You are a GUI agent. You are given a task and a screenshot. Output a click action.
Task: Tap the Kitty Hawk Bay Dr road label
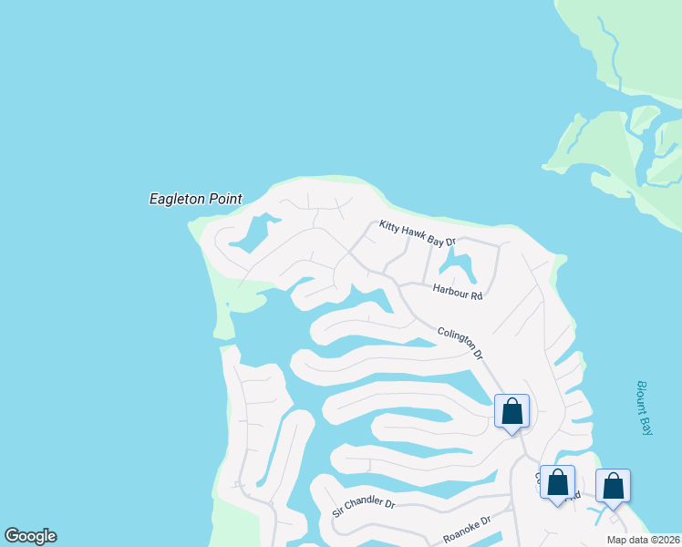(x=417, y=234)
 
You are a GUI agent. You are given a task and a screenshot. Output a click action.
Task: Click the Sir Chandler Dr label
(x=363, y=508)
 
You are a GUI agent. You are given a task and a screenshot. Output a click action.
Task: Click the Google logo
(x=30, y=536)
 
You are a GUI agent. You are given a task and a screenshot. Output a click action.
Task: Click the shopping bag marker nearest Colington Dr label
(x=511, y=411)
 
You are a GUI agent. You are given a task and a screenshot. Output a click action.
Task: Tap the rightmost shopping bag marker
(x=613, y=486)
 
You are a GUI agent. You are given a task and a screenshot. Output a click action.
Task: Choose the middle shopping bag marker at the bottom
(x=557, y=482)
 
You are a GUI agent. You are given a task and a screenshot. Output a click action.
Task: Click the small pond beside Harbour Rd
(x=457, y=267)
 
